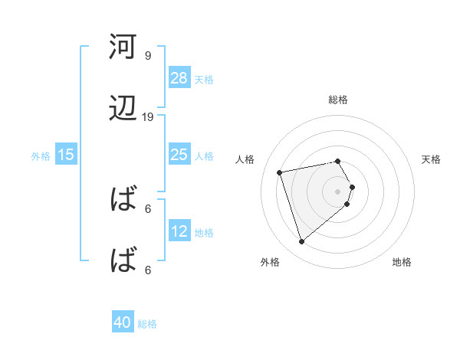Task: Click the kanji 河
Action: pos(122,47)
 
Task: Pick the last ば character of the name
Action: pos(122,260)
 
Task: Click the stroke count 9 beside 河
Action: pos(148,56)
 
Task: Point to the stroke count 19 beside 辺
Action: pos(148,117)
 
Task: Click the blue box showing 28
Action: pos(179,78)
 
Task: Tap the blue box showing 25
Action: pos(179,155)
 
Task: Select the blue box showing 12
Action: pos(179,231)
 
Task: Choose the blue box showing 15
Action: pos(66,155)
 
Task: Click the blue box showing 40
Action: pos(123,323)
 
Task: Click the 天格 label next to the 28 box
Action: pos(204,79)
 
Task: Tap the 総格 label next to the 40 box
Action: pos(147,324)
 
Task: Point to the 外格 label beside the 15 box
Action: pos(41,155)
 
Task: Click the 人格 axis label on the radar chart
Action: pos(245,159)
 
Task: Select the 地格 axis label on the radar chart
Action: pos(402,262)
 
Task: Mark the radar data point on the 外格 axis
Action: pos(301,242)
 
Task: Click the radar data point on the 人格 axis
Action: pos(280,172)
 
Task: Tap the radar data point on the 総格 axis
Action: pos(337,161)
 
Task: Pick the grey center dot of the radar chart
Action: pos(337,191)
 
